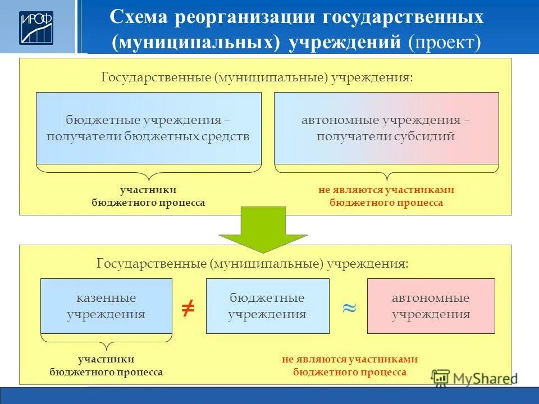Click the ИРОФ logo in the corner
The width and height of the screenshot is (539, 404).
coord(36,27)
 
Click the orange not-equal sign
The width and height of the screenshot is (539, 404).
coord(188,307)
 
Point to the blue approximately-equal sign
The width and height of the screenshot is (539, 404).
coord(349,308)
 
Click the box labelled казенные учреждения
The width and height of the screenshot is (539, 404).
coord(106,306)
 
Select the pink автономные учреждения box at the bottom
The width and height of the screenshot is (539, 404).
coord(431,306)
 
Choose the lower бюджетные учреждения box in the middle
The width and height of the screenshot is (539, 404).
coord(267,306)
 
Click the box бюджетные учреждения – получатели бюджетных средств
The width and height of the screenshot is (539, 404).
coord(148,128)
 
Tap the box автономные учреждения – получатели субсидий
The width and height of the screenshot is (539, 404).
coord(386,128)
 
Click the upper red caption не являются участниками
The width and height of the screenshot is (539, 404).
coord(386,190)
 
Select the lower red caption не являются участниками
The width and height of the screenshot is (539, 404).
coord(350,360)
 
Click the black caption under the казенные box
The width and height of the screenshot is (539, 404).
coord(106,365)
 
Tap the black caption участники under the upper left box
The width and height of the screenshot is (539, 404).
coord(148,190)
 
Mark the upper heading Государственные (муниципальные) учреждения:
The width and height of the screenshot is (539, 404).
coord(257,77)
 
